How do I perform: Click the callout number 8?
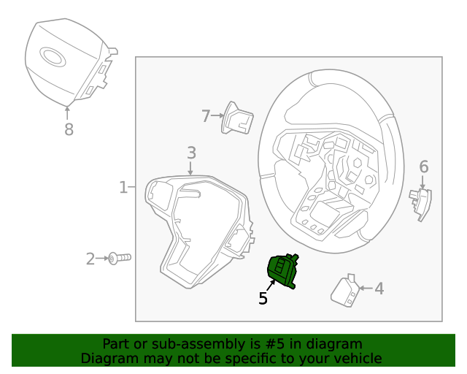[69, 130]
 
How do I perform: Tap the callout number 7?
[206, 115]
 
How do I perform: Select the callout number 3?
[191, 153]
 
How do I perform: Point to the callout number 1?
[123, 188]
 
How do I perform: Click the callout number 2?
[90, 259]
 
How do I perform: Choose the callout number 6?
[424, 167]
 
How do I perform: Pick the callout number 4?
[379, 289]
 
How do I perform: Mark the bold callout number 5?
[263, 298]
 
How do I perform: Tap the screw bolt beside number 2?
[119, 258]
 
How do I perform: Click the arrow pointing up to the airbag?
[68, 112]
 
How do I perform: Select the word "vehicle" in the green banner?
[357, 358]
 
